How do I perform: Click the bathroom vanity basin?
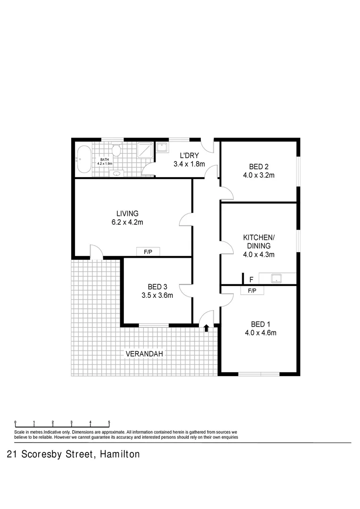(116, 173)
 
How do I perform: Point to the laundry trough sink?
(163, 148)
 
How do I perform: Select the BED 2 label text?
(259, 166)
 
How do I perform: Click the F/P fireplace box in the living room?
(147, 252)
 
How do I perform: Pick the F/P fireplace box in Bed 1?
(252, 291)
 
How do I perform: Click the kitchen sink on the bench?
(277, 279)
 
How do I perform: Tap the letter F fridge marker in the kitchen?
(251, 279)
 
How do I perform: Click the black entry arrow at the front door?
(206, 328)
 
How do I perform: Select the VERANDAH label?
(145, 353)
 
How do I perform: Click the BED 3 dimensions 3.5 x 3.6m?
(157, 296)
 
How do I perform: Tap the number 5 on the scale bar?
(109, 422)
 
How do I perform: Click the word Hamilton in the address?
(119, 455)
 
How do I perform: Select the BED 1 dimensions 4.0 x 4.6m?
(260, 333)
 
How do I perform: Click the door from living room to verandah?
(96, 252)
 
